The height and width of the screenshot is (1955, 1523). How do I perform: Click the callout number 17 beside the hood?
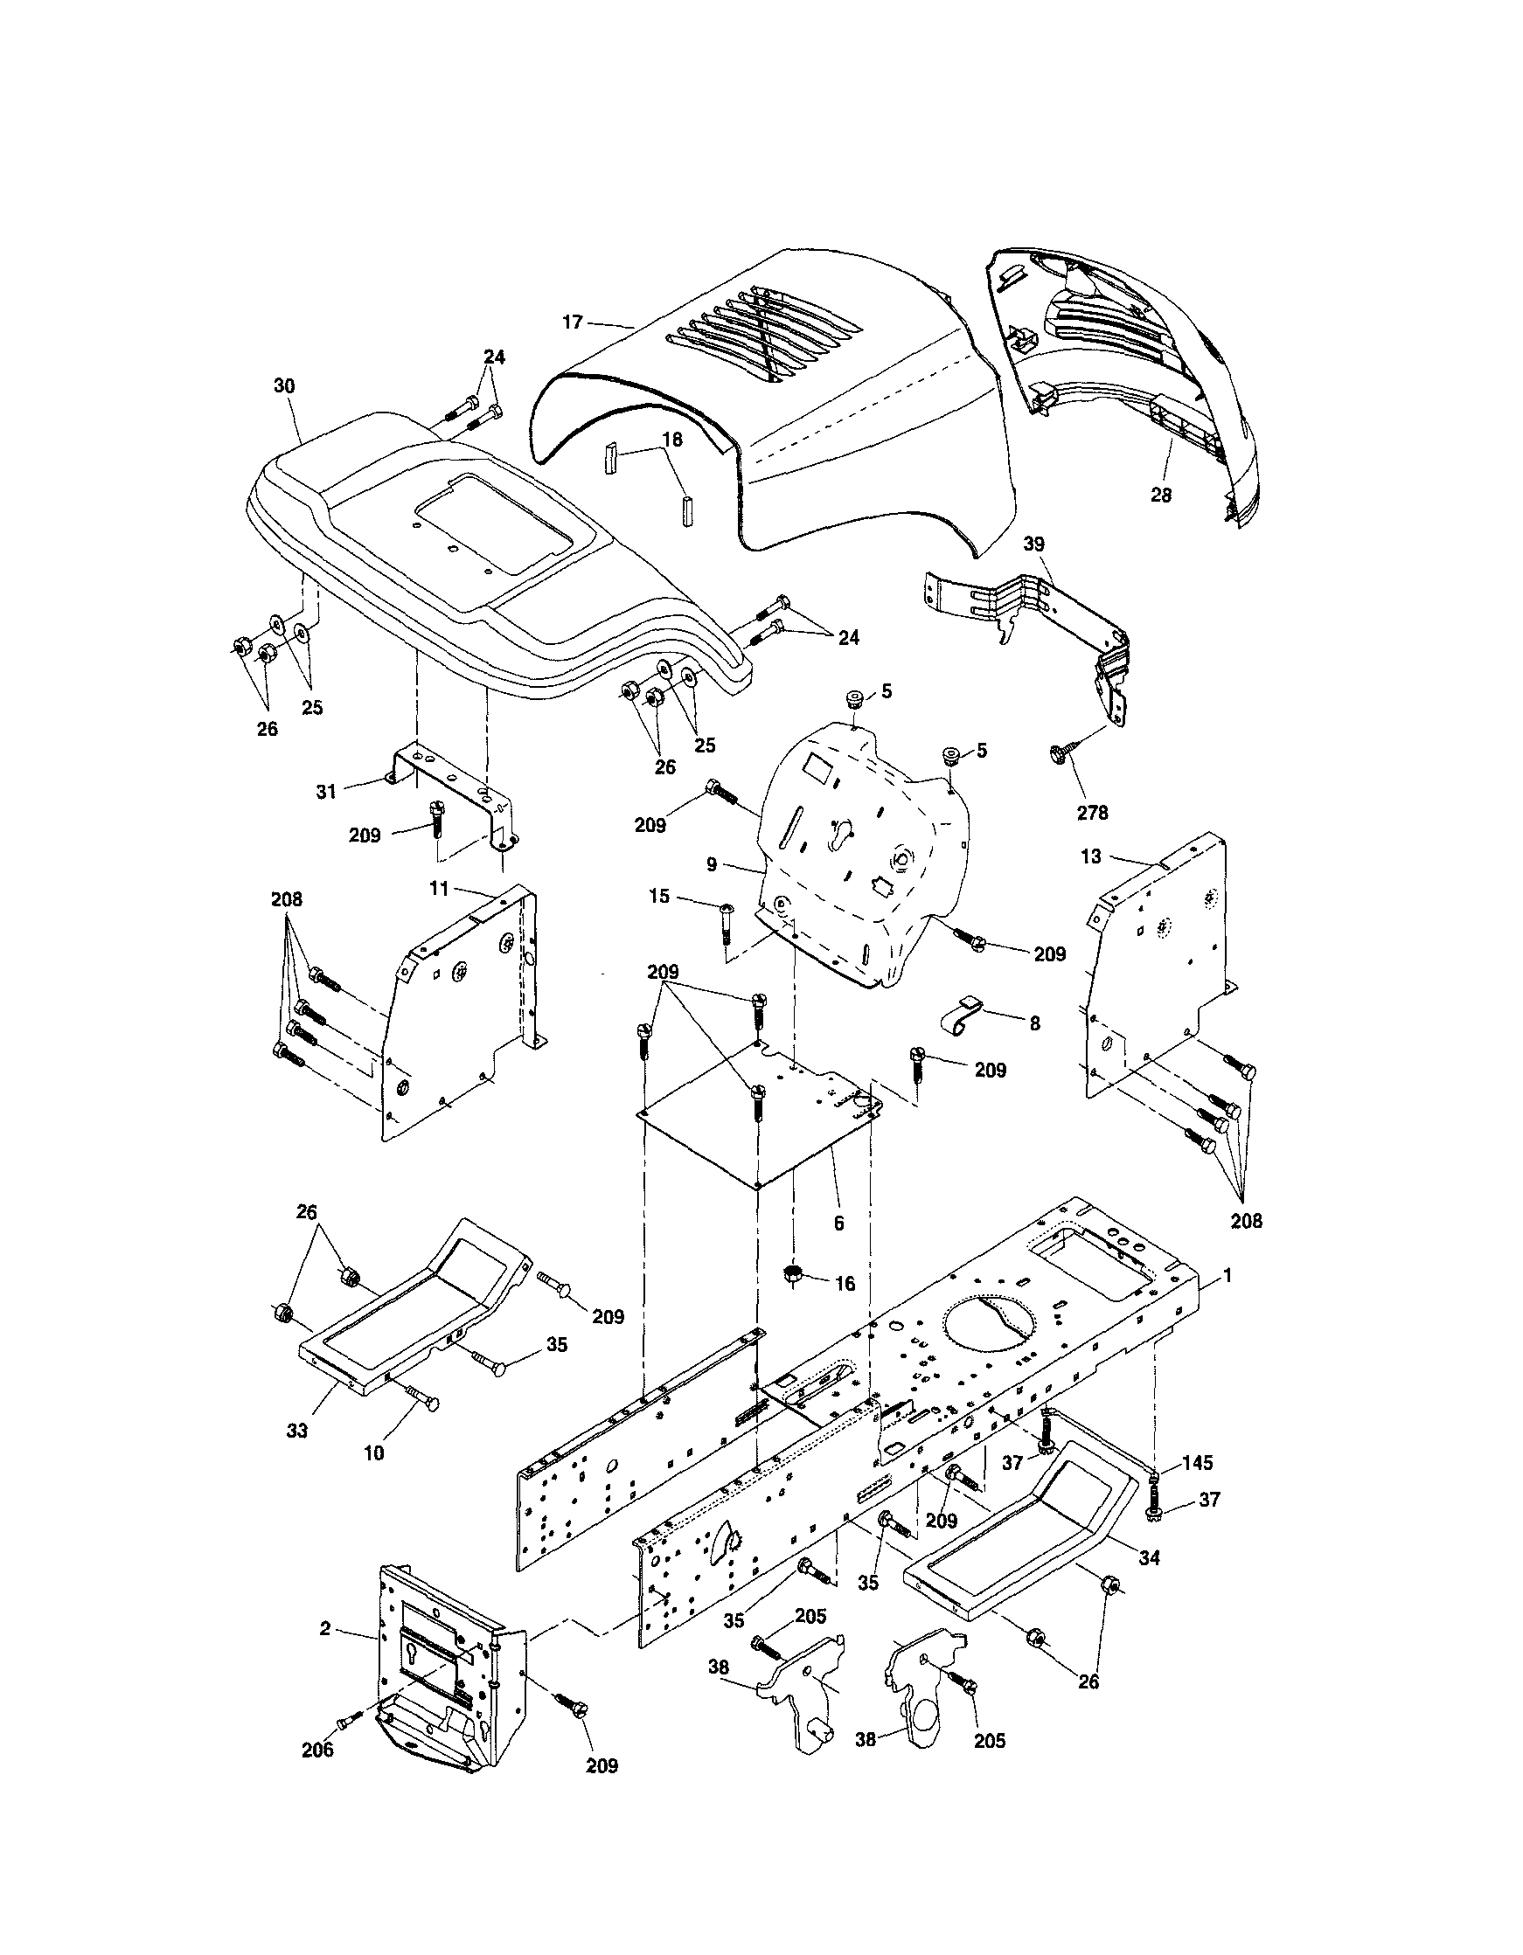tap(572, 322)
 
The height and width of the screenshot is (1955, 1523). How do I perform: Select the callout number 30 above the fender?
tap(284, 385)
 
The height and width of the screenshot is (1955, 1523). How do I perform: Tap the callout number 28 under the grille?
tap(1160, 494)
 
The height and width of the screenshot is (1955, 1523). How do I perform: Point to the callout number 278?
tap(1092, 813)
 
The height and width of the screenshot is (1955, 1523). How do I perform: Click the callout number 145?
tap(1197, 1463)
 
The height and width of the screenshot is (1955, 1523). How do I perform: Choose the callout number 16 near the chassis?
tap(845, 1284)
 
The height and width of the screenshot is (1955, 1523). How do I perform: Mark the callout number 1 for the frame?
tap(1227, 1276)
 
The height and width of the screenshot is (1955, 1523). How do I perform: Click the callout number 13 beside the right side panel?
tap(1090, 856)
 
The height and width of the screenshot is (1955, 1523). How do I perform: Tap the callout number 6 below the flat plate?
tap(838, 1223)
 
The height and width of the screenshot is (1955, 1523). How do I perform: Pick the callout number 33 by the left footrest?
tap(297, 1431)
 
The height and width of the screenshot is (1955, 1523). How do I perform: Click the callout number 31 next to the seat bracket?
tap(326, 791)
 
